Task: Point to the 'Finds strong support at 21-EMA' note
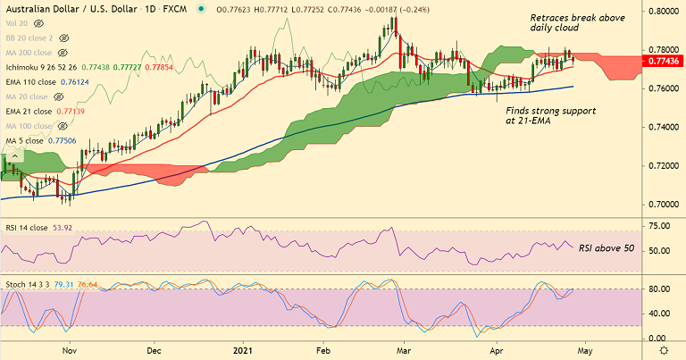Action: point(547,113)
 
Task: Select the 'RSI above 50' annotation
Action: point(606,247)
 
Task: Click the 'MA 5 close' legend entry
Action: point(30,141)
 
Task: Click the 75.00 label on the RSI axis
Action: point(659,228)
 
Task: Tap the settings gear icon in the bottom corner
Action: point(665,349)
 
